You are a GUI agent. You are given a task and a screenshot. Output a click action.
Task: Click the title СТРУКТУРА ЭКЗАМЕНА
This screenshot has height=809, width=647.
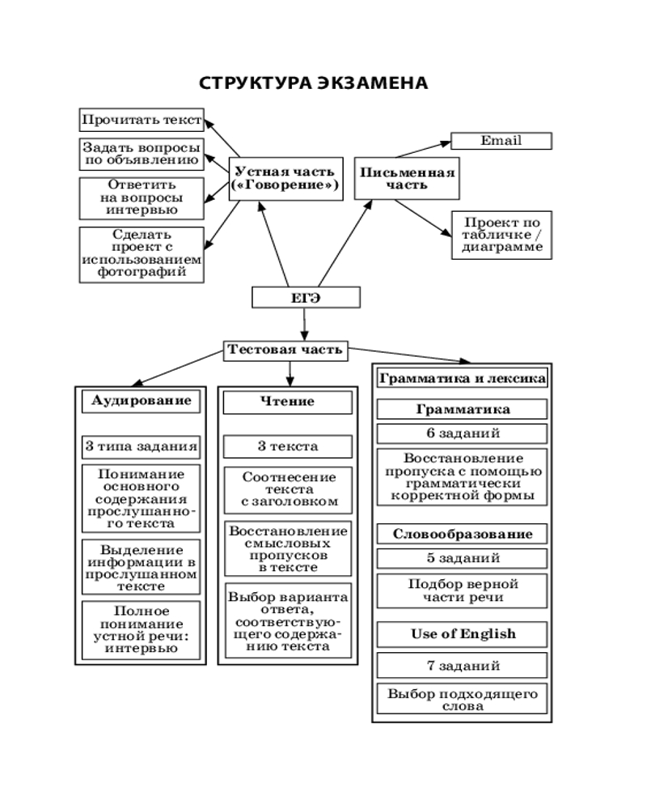313,84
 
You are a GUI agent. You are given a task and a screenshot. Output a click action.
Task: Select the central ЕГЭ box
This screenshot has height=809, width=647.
305,299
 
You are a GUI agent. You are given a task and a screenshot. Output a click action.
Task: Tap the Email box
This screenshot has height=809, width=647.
501,141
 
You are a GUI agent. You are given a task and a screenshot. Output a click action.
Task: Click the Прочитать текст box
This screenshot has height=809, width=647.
141,120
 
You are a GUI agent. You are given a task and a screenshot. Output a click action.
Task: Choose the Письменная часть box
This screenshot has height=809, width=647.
407,178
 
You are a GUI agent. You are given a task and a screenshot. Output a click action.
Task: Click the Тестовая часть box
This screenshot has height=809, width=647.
287,350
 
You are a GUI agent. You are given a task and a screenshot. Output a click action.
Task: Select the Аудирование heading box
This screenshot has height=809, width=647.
142,401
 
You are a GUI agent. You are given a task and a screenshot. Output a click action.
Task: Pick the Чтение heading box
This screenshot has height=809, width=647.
287,402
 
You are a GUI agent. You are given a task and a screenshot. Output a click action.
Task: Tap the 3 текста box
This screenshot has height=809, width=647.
287,446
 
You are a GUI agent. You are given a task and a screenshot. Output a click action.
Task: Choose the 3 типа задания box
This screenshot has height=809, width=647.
142,446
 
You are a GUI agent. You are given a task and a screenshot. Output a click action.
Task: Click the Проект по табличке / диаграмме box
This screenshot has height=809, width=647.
501,235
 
